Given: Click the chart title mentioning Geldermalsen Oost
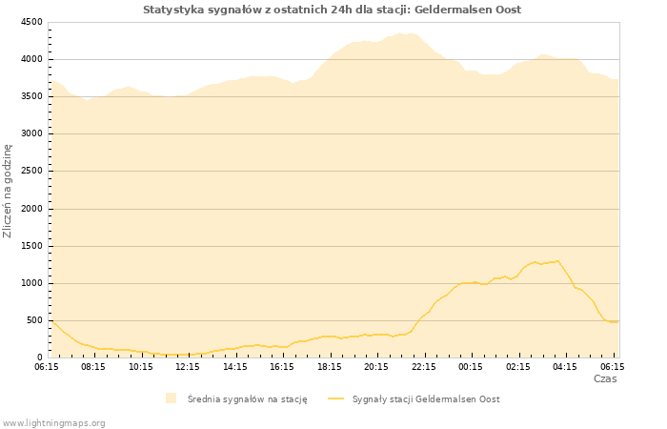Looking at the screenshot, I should (332, 10).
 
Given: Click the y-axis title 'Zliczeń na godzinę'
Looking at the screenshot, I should (8, 191).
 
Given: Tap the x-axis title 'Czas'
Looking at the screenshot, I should (605, 378).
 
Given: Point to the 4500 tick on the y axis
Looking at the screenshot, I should (31, 22).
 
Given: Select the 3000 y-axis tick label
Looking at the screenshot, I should (31, 133).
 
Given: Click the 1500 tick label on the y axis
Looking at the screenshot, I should (31, 246).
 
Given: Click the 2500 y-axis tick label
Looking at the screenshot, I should (31, 172).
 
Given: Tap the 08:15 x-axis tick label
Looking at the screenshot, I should (93, 366).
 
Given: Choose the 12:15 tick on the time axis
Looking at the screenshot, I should (188, 366).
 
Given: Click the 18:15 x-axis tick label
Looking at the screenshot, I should (329, 366).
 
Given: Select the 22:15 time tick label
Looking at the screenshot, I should (423, 366).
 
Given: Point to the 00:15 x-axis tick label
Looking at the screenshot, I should (471, 366).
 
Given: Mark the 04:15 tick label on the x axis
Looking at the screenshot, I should (565, 366).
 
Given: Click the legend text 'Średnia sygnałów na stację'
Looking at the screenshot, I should (247, 399).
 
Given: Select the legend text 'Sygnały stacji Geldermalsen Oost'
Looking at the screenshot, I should (426, 399).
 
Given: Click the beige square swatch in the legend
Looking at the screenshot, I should (171, 398).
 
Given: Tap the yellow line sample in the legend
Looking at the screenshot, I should (335, 398).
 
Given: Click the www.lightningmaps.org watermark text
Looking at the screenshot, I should (54, 422).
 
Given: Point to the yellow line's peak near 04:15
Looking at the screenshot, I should (558, 260).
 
